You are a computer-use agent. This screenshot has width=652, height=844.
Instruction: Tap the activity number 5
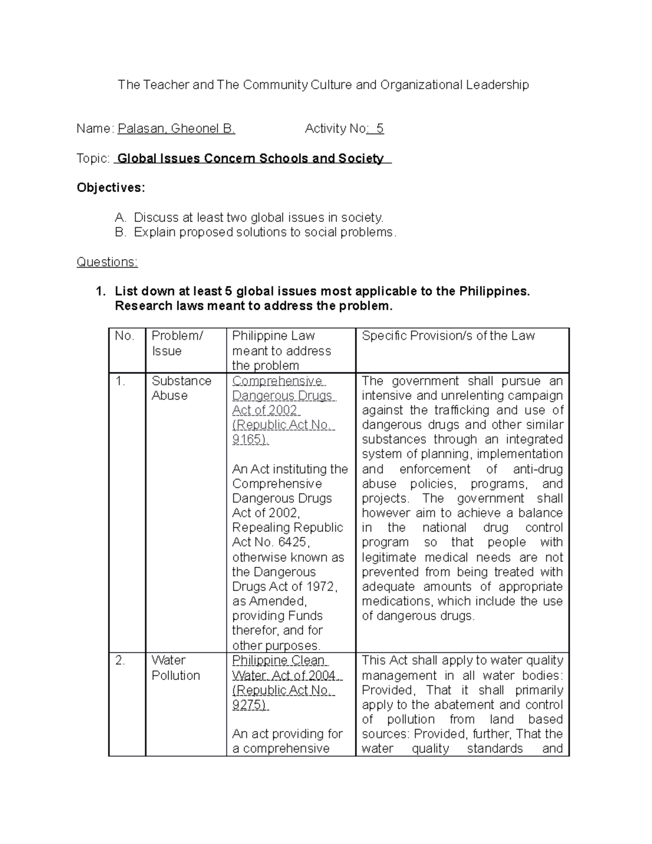click(x=379, y=129)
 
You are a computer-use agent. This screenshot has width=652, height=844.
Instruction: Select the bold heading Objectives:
click(x=111, y=188)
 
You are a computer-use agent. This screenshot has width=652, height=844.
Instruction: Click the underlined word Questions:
click(x=107, y=262)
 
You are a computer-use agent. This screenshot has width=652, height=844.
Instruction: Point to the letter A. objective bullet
click(x=120, y=218)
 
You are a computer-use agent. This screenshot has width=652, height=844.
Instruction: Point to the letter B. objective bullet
click(x=120, y=233)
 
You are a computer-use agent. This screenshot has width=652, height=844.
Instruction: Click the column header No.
click(x=124, y=336)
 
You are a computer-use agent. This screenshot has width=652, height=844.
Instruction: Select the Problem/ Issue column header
click(x=177, y=343)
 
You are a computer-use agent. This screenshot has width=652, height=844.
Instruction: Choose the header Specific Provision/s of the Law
click(x=448, y=336)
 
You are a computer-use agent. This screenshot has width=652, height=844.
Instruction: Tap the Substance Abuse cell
click(x=181, y=388)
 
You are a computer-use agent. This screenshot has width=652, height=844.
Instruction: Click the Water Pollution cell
click(x=175, y=668)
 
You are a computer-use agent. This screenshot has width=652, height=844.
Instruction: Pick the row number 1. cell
click(x=121, y=382)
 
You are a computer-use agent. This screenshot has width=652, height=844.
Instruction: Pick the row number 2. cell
click(x=121, y=661)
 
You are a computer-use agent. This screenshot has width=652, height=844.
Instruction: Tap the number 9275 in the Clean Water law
click(x=248, y=705)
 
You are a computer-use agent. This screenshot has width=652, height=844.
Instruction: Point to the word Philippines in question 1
click(x=493, y=291)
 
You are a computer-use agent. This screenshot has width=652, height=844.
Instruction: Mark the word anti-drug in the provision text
click(x=538, y=469)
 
